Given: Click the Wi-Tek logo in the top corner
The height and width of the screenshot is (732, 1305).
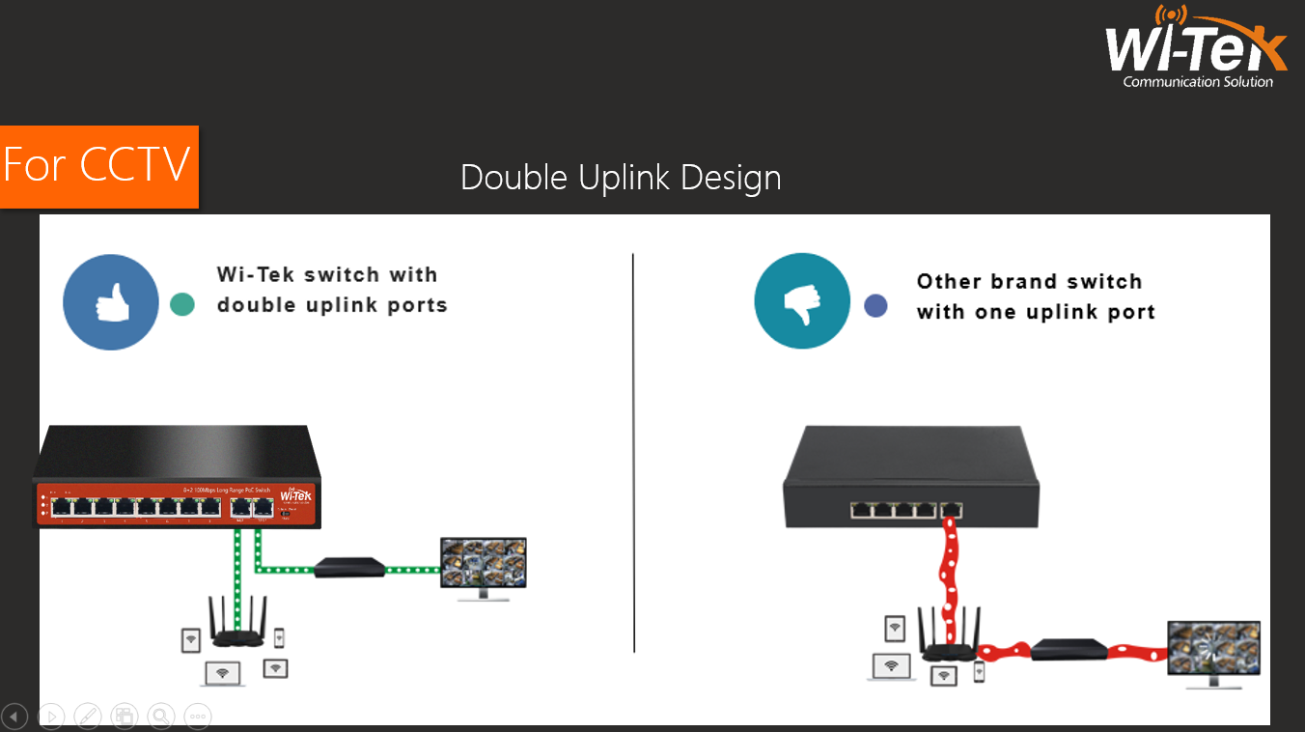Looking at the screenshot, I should click(x=1196, y=48).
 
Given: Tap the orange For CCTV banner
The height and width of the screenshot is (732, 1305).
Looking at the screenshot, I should click(x=98, y=166).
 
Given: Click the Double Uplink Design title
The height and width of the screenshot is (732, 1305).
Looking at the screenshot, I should click(x=621, y=178).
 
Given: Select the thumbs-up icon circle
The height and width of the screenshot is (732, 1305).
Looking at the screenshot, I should click(x=111, y=302).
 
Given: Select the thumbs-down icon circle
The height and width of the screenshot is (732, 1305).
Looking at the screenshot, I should click(x=802, y=302).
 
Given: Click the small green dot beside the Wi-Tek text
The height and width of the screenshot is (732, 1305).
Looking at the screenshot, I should click(x=181, y=304).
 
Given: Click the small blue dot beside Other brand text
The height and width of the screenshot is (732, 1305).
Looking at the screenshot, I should click(x=875, y=306).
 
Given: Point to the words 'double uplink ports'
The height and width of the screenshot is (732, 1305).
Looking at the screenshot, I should click(x=332, y=305).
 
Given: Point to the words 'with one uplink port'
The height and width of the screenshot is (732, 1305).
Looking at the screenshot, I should click(x=1036, y=312).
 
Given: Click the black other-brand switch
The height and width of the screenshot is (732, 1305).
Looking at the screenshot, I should click(x=910, y=479).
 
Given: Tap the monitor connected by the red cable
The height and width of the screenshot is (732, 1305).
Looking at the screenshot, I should click(x=1213, y=653).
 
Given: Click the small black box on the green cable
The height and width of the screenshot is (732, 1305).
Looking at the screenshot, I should click(x=350, y=568).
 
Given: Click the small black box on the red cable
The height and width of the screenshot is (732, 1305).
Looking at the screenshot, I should click(x=1069, y=649).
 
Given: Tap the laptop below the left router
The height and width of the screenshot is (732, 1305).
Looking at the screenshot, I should click(x=223, y=674).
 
